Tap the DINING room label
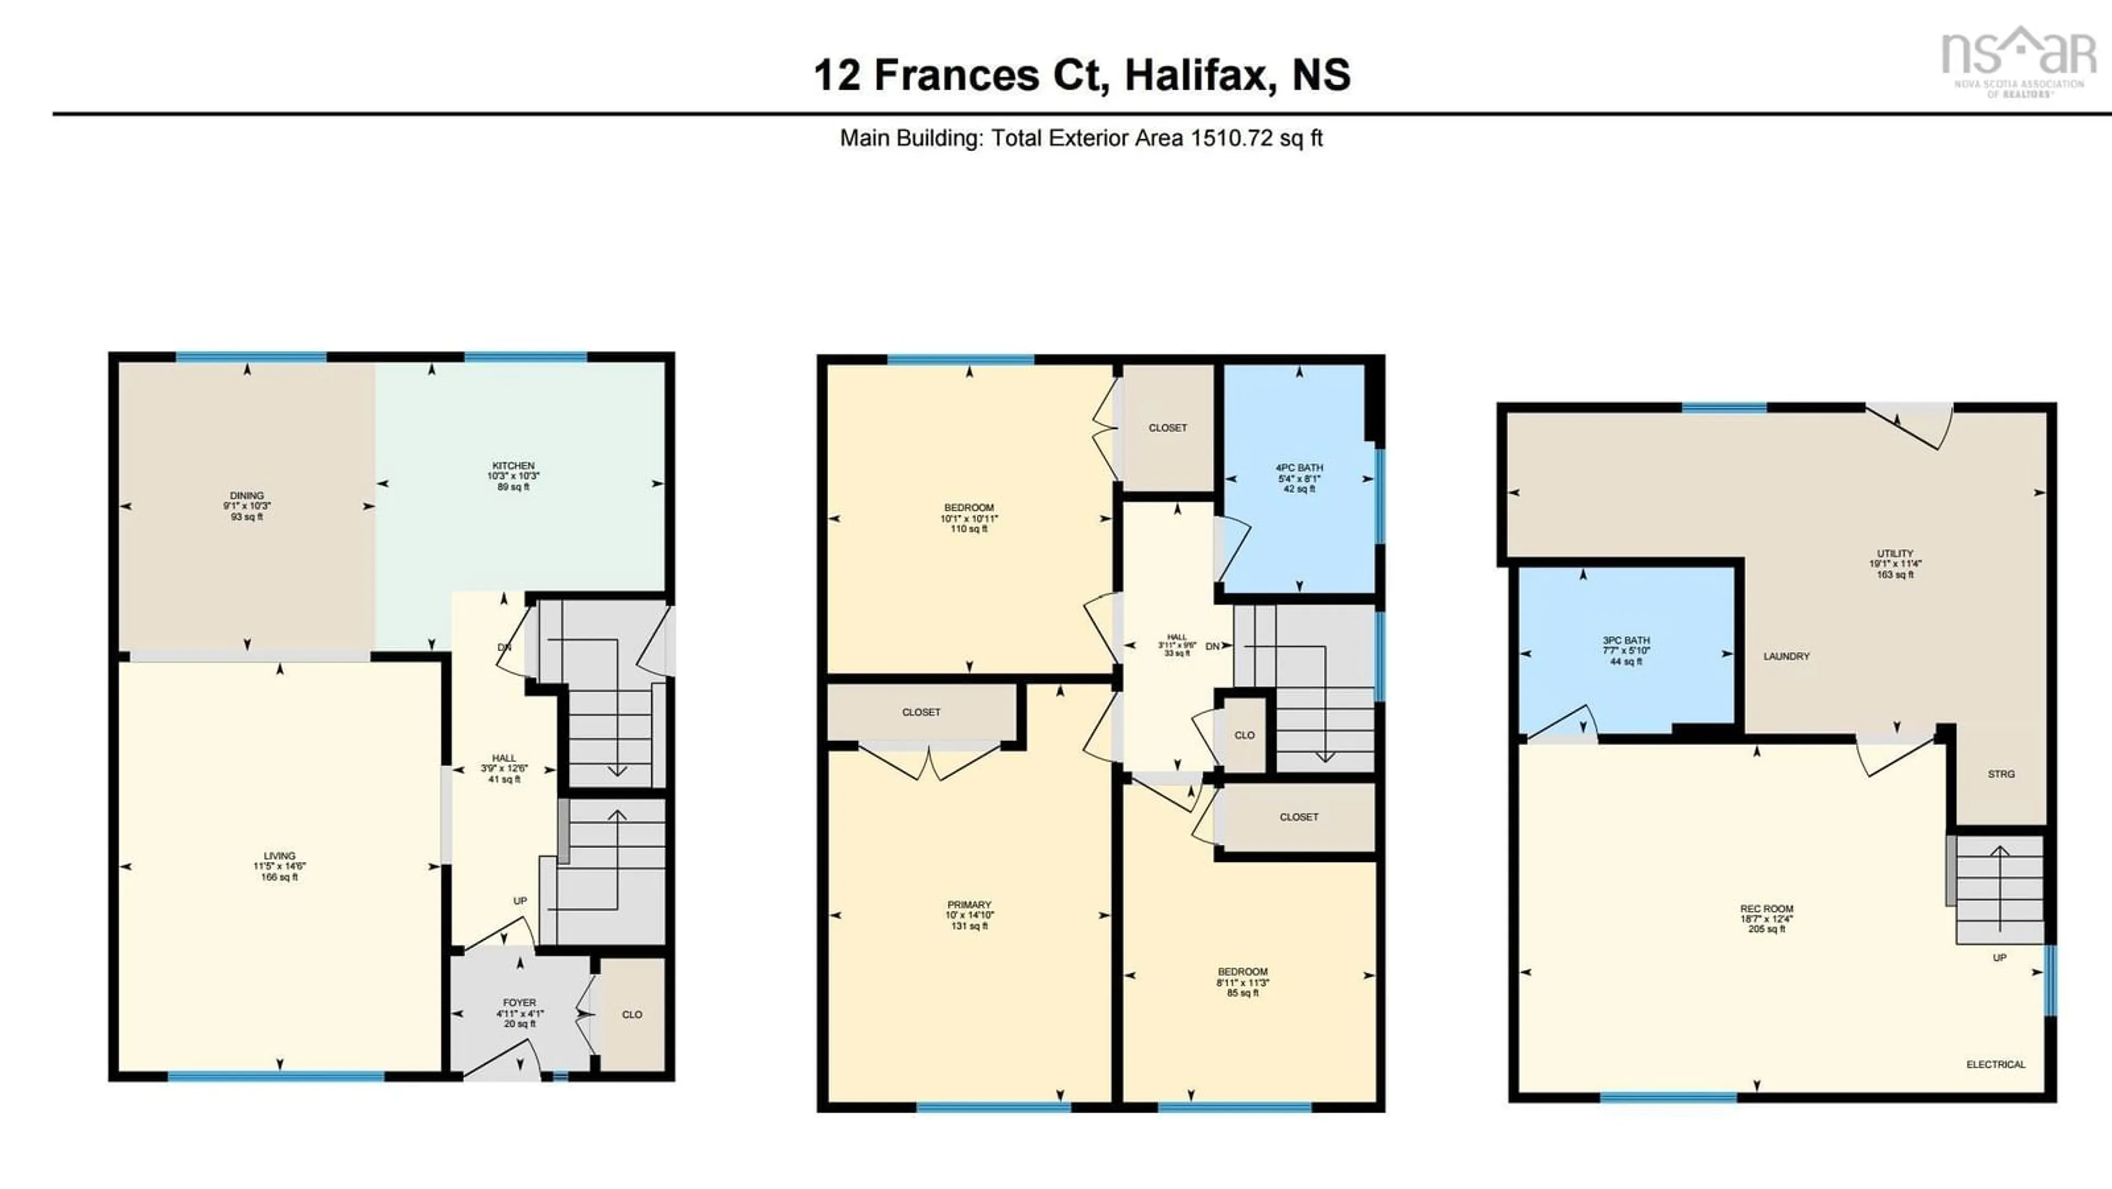(247, 496)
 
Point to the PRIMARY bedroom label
(969, 905)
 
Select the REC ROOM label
(1766, 909)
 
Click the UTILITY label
(1895, 553)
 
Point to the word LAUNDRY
(1786, 657)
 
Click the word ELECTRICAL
(1995, 1064)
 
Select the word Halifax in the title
(1196, 75)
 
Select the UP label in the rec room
(2000, 958)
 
